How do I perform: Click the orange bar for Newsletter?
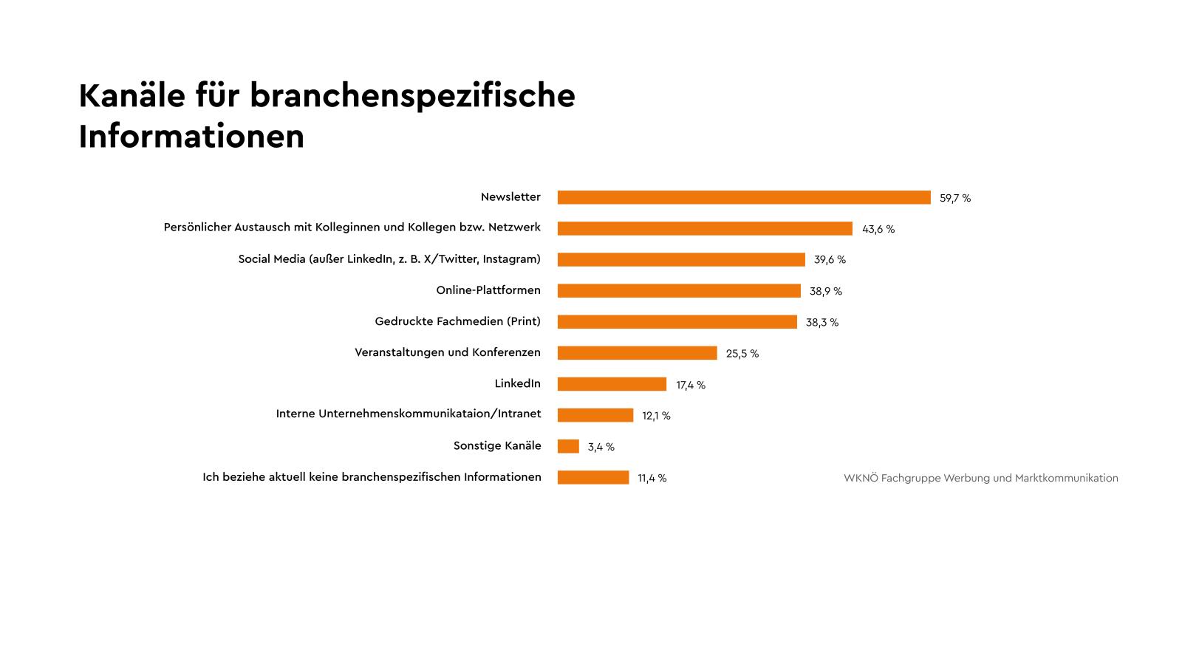744,197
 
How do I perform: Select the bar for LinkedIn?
612,384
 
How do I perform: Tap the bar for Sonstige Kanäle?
568,446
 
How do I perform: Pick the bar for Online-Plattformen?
679,291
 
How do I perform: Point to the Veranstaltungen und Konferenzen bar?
637,353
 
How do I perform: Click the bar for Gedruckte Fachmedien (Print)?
677,322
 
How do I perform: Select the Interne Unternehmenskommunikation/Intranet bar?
595,415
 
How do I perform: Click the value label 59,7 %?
955,198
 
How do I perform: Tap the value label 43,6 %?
878,229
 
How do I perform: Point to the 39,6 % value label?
830,260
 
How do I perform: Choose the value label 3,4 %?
601,447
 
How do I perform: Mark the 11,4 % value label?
652,478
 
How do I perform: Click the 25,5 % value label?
742,354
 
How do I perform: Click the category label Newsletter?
510,197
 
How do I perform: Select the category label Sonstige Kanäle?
497,446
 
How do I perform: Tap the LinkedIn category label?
517,383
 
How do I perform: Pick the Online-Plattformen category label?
488,290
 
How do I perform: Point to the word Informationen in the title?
191,137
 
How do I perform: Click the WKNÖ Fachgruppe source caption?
980,478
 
